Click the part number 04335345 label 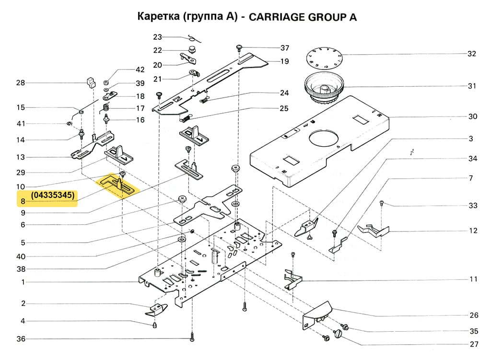tap(53, 196)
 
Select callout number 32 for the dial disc tap(472, 54)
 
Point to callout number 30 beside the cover tap(472, 116)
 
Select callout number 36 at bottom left tap(21, 339)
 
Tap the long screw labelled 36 tap(192, 336)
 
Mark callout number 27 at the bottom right tap(474, 344)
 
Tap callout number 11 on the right tap(473, 279)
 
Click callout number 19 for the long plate tap(284, 61)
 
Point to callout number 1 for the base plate tap(23, 282)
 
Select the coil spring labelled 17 tap(106, 108)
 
